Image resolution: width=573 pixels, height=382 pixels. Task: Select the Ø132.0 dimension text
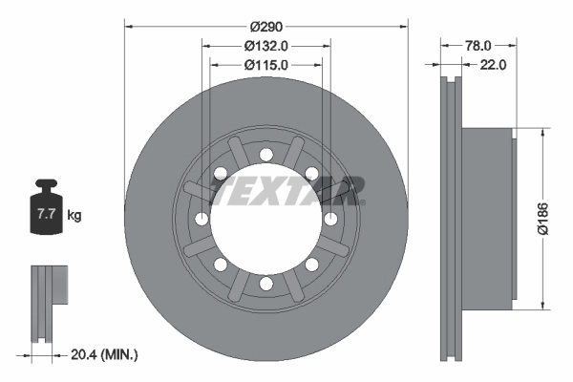coord(266,45)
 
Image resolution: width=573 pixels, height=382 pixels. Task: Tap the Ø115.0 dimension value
coord(266,64)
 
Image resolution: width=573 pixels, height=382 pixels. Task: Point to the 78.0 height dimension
coord(478,45)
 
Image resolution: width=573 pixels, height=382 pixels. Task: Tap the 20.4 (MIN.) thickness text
coord(106,354)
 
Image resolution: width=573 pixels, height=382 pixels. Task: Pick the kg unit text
coord(74,216)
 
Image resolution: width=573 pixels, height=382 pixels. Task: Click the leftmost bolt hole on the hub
coord(202,219)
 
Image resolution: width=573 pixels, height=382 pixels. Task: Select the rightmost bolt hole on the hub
coord(330,219)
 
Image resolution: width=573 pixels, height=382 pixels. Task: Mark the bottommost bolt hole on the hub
coord(266,284)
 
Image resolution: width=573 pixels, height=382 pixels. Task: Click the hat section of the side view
coord(487,219)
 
